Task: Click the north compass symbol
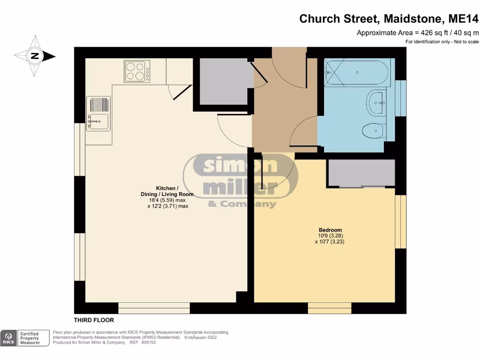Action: [x=35, y=56]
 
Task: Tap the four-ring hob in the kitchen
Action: [x=137, y=72]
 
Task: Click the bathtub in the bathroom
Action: [x=356, y=73]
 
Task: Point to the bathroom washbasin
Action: [x=376, y=103]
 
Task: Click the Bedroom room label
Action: [x=330, y=230]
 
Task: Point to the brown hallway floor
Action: [x=285, y=108]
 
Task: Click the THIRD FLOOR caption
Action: [x=94, y=320]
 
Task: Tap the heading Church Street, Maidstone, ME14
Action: [x=389, y=19]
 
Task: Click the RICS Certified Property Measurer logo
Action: [x=26, y=338]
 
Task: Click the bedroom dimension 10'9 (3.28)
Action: [x=330, y=236]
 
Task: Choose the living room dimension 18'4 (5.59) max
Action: [x=167, y=200]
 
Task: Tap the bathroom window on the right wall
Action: [x=401, y=97]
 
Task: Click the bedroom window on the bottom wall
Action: [x=330, y=308]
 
